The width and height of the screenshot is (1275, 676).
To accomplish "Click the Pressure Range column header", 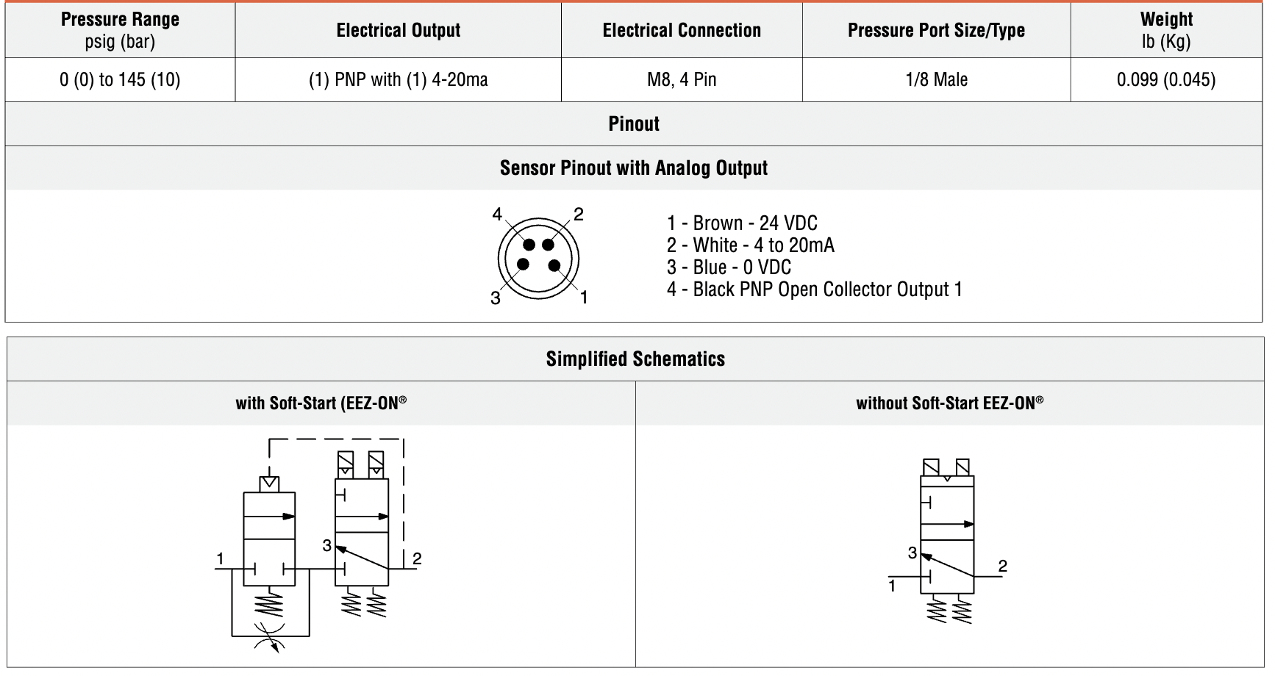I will tap(120, 30).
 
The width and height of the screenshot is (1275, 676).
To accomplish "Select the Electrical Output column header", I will tap(398, 30).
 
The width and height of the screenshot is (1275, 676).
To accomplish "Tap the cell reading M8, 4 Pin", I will tap(681, 79).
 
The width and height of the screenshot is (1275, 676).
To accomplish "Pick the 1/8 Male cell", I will tap(935, 79).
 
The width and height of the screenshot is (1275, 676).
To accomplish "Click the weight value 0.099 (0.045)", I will tap(1165, 79).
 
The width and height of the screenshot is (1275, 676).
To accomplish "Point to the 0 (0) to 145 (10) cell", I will tap(120, 79).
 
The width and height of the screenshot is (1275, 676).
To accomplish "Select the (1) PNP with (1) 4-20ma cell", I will tap(398, 79).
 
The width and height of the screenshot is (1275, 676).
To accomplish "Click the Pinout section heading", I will tap(633, 123).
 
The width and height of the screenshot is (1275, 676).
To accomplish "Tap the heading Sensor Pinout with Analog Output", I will tap(633, 168).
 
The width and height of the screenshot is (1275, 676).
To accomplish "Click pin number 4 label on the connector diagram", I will tap(497, 215).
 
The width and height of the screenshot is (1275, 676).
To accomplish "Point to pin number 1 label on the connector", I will tap(584, 298).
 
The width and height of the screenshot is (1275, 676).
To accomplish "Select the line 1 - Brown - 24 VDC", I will tap(741, 223).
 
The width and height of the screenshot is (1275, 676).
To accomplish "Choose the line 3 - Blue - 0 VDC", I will tap(728, 267).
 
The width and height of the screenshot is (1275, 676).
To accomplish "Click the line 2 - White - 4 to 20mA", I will tap(750, 245).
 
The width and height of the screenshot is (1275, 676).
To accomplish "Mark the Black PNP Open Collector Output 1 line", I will tap(814, 290).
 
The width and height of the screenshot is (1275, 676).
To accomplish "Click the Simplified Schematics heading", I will tap(635, 359).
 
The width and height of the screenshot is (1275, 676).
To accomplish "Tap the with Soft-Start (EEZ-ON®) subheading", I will tap(321, 403).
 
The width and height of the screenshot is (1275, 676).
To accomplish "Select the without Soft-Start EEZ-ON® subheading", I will tap(949, 403).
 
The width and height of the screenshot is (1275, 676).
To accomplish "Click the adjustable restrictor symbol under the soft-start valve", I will tap(271, 636).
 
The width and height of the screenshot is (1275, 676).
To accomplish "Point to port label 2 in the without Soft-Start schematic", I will tap(1002, 566).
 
